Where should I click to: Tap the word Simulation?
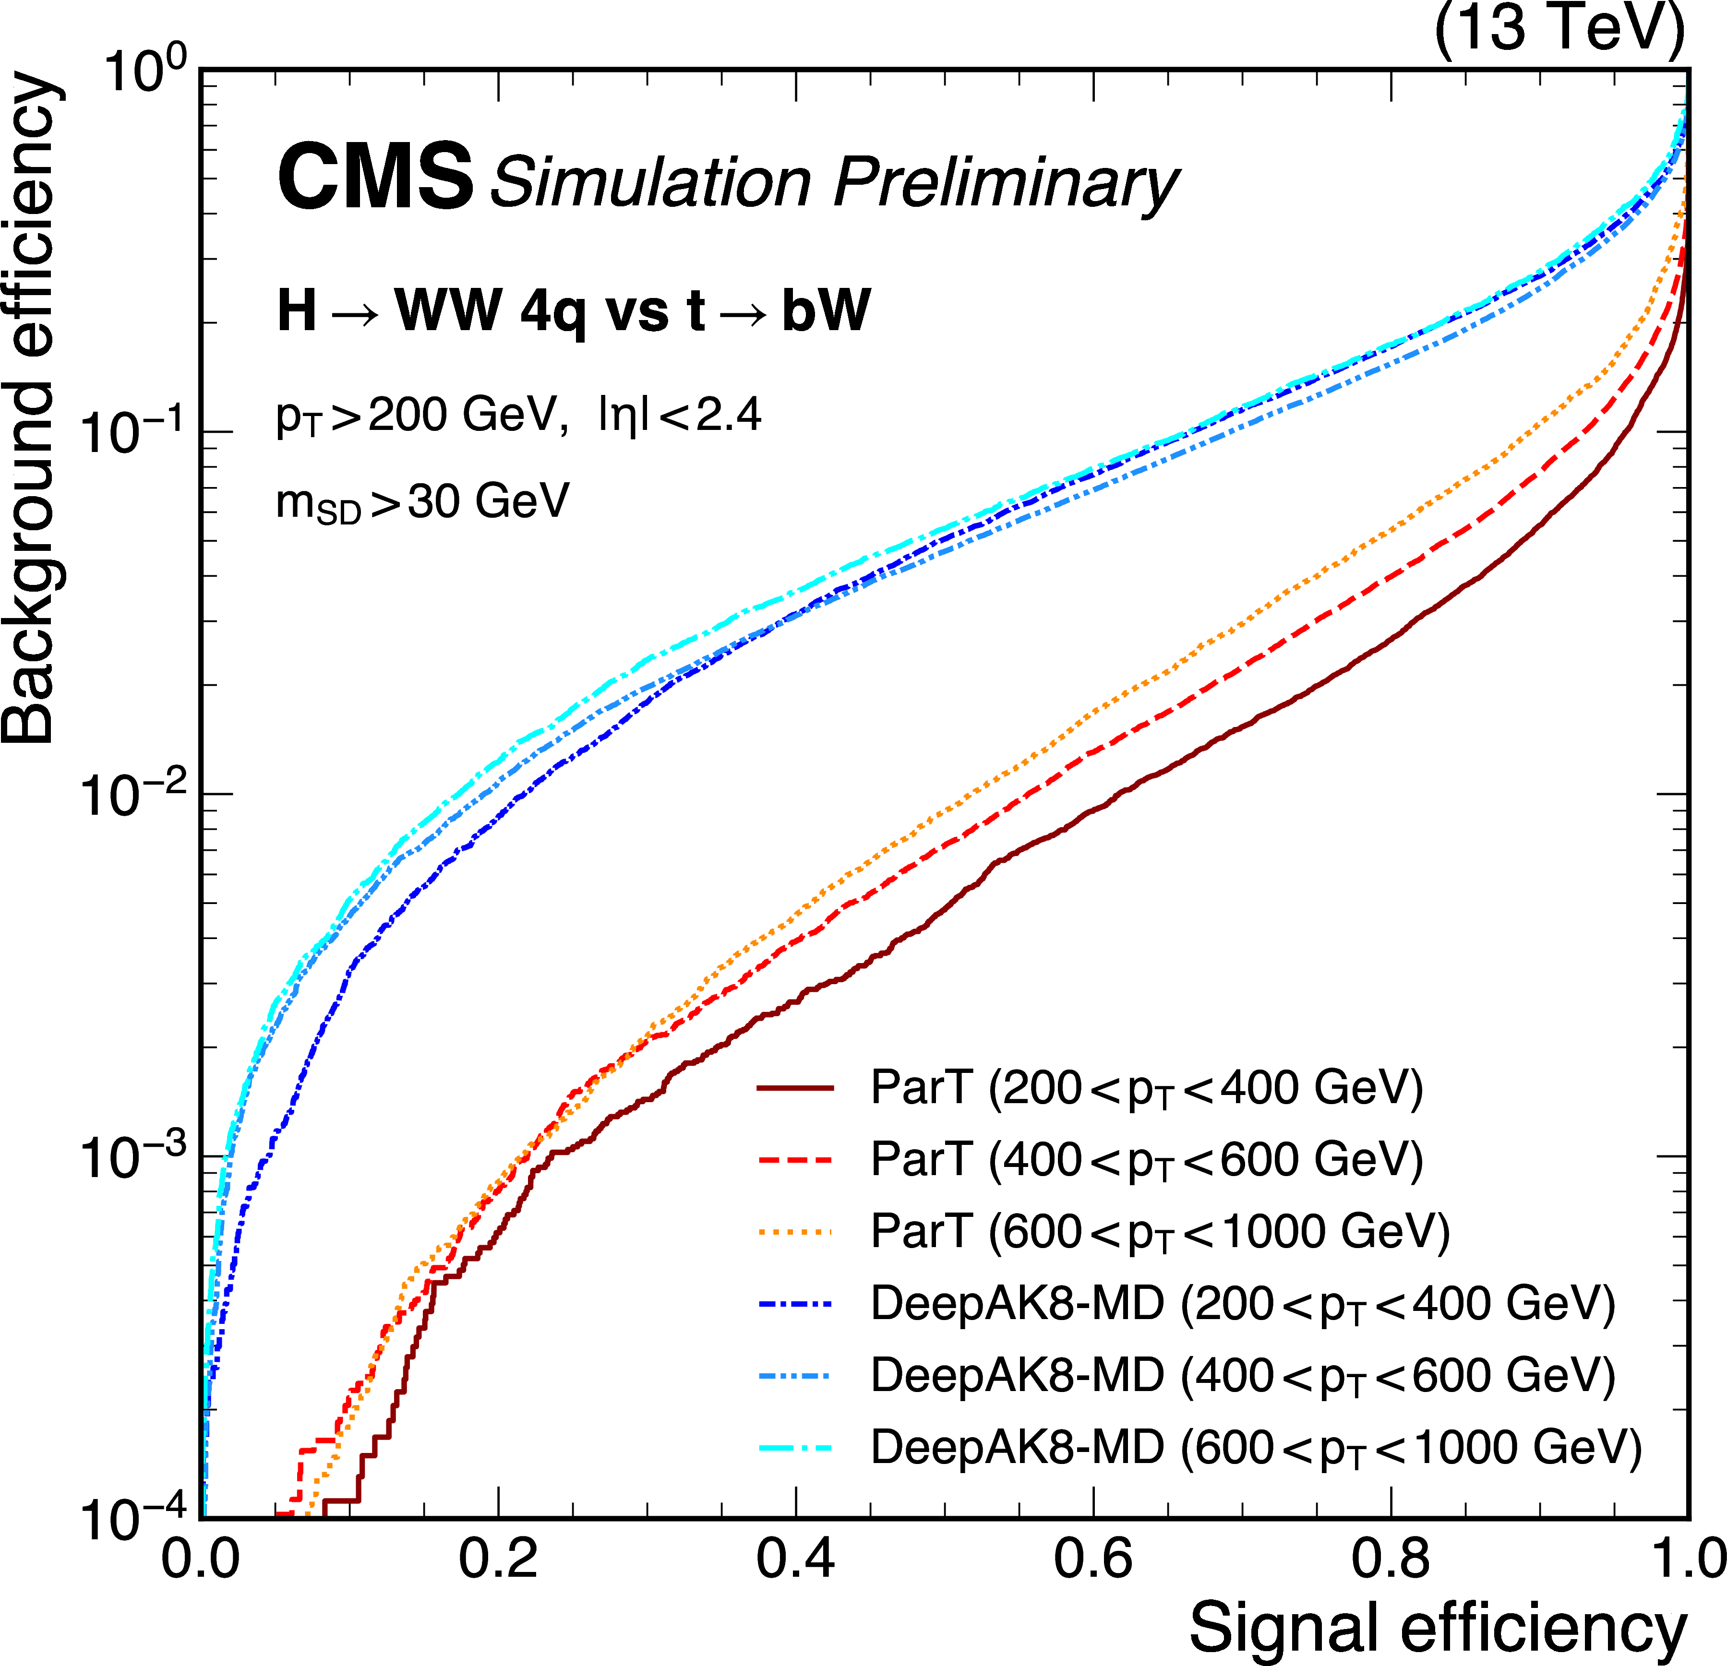pyautogui.click(x=650, y=182)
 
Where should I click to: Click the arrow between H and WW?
pyautogui.click(x=356, y=314)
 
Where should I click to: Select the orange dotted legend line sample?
pyautogui.click(x=795, y=1233)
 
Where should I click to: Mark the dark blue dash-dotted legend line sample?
pyautogui.click(x=795, y=1304)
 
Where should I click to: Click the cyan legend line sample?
pyautogui.click(x=795, y=1448)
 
